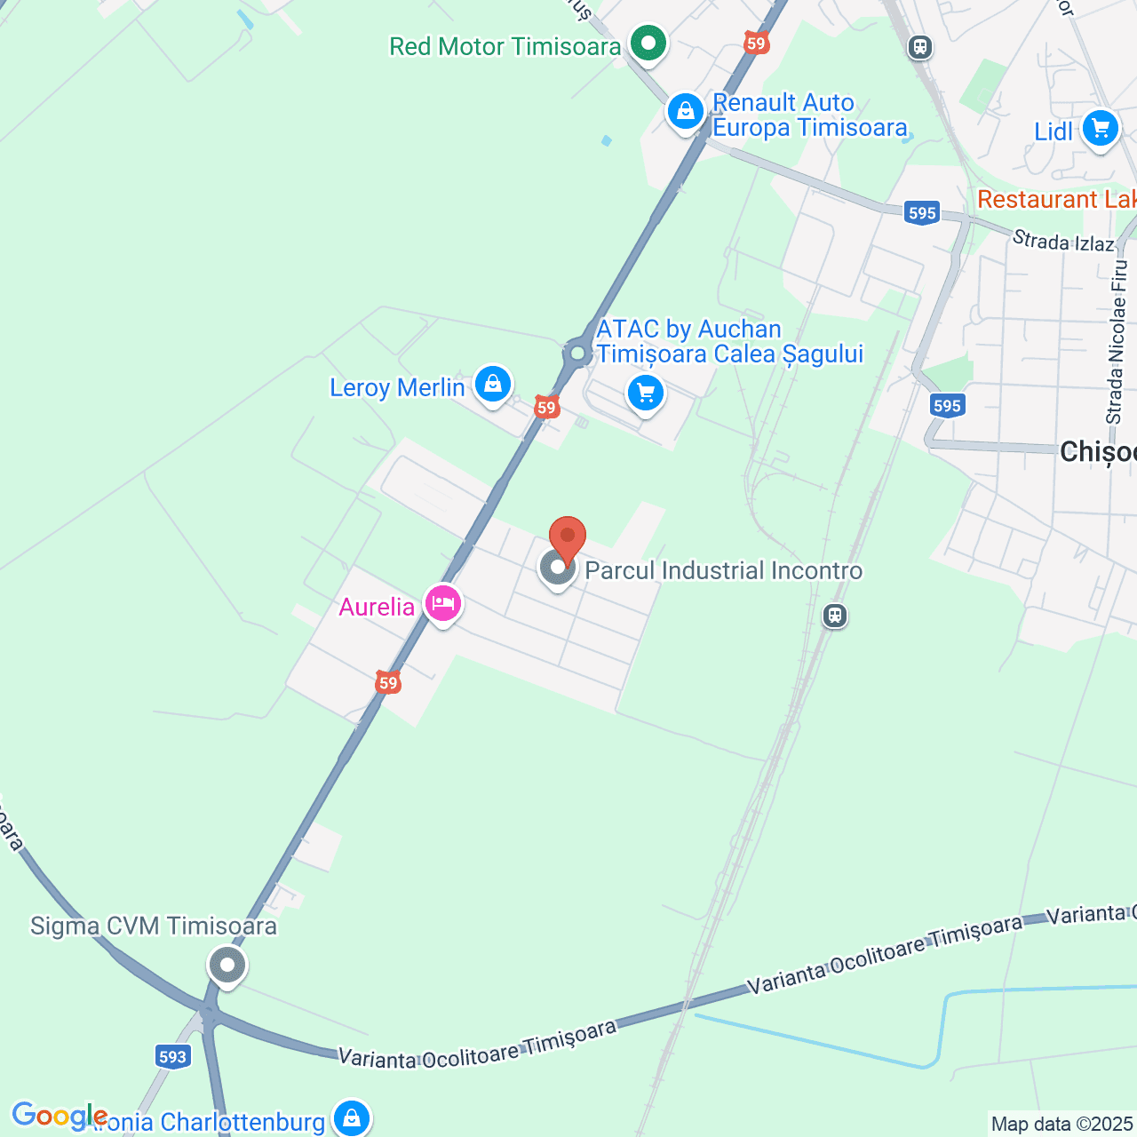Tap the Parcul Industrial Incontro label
723,570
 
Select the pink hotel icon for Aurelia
443,604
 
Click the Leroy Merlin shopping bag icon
492,385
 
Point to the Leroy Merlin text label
397,388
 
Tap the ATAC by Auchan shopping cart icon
646,393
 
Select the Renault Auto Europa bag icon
685,113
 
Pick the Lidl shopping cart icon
1100,130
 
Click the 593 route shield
172,1056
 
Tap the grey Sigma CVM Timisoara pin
227,966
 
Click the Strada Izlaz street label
1063,240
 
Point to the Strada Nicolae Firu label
1117,342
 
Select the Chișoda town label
1098,452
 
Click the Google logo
60,1116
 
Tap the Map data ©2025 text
1061,1125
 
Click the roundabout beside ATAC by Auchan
578,354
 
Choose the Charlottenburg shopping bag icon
352,1118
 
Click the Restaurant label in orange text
1056,199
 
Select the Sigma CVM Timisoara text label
154,926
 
